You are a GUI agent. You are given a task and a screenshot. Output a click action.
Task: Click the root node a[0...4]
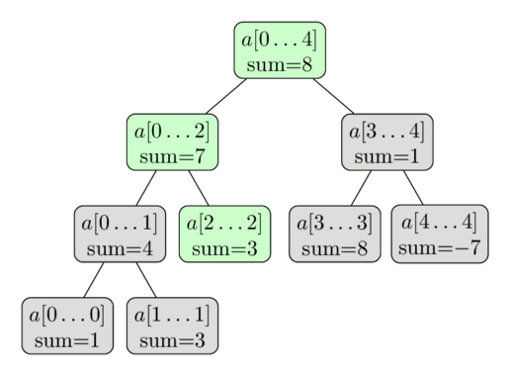click(x=280, y=50)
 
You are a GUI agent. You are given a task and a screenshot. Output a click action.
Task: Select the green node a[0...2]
click(x=172, y=142)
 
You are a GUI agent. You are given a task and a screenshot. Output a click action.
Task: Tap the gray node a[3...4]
click(x=388, y=142)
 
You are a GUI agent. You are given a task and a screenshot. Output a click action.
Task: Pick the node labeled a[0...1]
click(x=119, y=235)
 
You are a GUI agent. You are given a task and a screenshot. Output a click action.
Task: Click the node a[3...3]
click(x=334, y=235)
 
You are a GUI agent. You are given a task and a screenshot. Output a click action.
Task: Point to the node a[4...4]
click(x=438, y=235)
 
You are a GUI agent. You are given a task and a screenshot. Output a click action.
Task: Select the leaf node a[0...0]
click(x=66, y=327)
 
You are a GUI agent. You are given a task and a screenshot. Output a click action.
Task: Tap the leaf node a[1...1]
click(x=172, y=327)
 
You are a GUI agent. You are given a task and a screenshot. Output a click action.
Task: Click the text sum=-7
click(x=438, y=247)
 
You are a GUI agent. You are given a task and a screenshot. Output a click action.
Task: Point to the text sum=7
click(x=172, y=156)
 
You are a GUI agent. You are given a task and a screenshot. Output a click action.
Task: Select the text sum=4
click(x=119, y=248)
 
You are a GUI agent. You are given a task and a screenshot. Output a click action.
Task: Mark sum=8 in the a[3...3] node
click(x=334, y=248)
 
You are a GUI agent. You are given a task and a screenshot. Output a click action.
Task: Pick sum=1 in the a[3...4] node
click(x=388, y=156)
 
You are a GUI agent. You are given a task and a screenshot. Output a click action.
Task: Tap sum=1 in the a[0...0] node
click(x=66, y=340)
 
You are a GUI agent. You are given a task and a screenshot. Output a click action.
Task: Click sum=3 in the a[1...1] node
click(x=172, y=340)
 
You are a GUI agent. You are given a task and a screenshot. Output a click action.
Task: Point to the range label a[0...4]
click(x=280, y=39)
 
